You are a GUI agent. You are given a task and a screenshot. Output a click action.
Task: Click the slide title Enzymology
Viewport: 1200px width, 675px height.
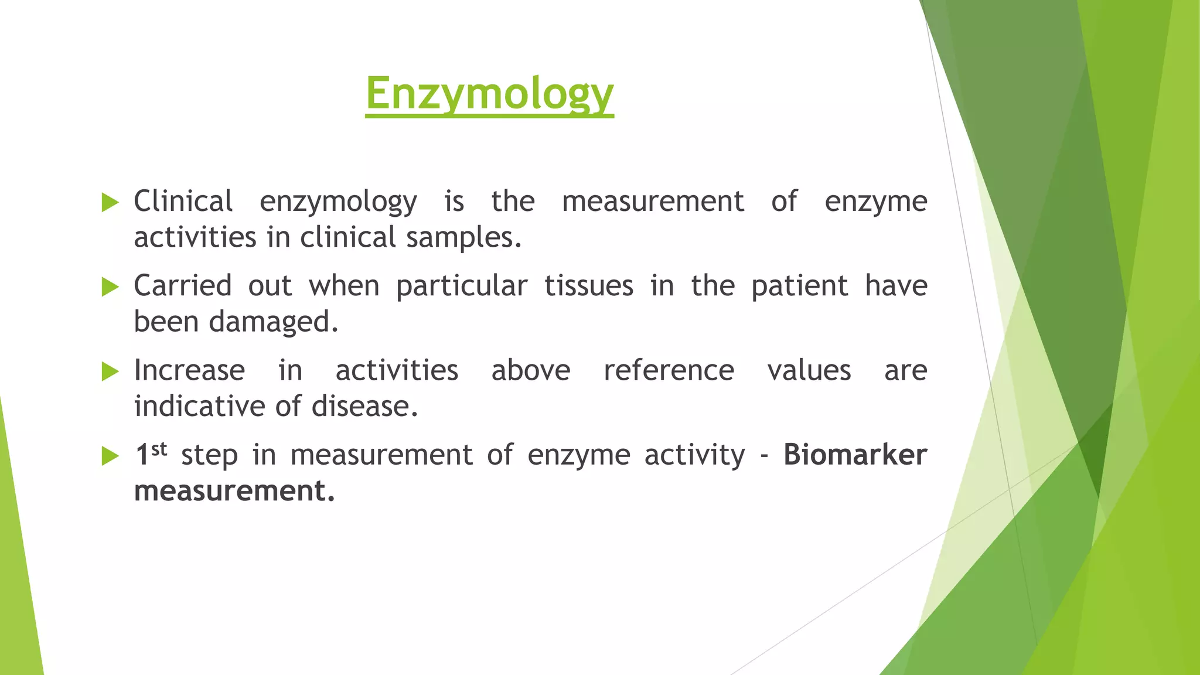coord(489,94)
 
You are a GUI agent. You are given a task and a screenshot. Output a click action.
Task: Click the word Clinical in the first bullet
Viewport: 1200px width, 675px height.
coord(183,202)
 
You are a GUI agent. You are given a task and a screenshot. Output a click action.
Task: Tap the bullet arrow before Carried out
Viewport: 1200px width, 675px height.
coord(110,287)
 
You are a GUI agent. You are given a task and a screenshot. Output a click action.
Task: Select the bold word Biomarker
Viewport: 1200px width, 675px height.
coord(855,455)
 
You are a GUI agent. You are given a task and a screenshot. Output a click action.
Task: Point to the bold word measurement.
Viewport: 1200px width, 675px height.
coord(234,491)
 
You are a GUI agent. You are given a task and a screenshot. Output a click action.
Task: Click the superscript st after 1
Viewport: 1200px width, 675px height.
coord(159,449)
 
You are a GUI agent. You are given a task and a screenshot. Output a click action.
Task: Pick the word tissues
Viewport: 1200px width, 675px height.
coord(589,286)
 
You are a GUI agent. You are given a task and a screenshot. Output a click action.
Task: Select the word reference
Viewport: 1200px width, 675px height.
coord(669,370)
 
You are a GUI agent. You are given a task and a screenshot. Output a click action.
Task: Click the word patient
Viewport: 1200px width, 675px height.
coord(799,286)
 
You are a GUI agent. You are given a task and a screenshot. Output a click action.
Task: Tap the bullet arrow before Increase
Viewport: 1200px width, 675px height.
coord(110,371)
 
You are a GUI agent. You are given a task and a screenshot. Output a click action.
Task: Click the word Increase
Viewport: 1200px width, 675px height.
coord(189,370)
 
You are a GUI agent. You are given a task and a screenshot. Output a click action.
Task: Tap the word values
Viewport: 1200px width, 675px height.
coord(809,370)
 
